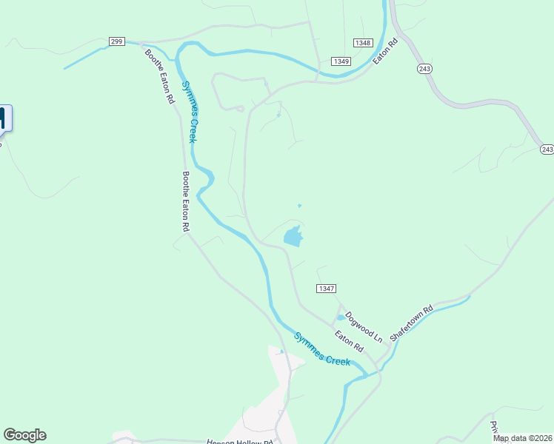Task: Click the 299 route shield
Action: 116,41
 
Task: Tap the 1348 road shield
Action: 362,43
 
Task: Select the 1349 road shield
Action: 341,61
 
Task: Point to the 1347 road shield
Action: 326,288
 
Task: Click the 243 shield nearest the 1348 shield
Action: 424,68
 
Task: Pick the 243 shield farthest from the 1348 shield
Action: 547,149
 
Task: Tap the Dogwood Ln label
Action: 364,326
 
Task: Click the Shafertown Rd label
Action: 411,323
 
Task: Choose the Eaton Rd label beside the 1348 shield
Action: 386,50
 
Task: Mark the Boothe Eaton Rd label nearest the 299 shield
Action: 159,77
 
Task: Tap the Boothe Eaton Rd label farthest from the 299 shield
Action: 185,202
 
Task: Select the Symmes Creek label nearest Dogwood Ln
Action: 321,349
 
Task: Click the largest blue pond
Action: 293,237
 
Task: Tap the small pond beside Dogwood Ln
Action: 341,317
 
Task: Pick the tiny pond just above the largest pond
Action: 299,206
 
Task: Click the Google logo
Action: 24,435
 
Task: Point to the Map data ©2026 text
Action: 522,438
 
